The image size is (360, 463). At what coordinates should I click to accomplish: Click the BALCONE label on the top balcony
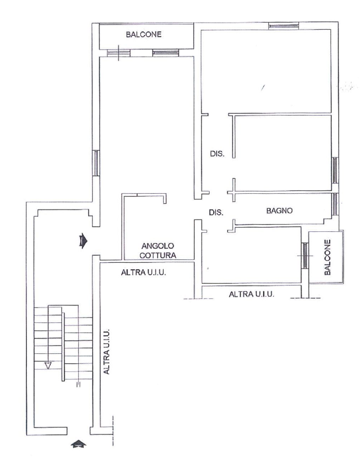tap(143, 34)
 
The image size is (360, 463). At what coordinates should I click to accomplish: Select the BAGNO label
tap(279, 211)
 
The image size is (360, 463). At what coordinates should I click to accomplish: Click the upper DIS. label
tap(217, 154)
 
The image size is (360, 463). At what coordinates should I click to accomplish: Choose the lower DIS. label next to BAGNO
tap(216, 213)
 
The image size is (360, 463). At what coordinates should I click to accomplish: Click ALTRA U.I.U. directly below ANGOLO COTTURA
tap(144, 272)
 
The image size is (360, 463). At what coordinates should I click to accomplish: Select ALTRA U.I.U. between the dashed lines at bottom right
tap(252, 295)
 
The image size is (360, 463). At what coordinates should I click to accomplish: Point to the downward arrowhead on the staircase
tap(49, 365)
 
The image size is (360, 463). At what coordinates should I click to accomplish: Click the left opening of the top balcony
tap(118, 53)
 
